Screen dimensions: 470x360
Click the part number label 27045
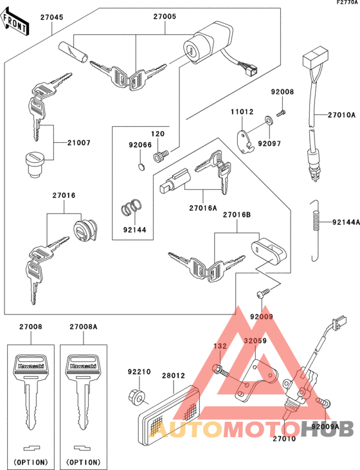[52, 17]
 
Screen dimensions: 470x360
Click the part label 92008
[282, 93]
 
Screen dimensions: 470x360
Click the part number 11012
[242, 112]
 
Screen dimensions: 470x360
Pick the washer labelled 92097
[266, 122]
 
